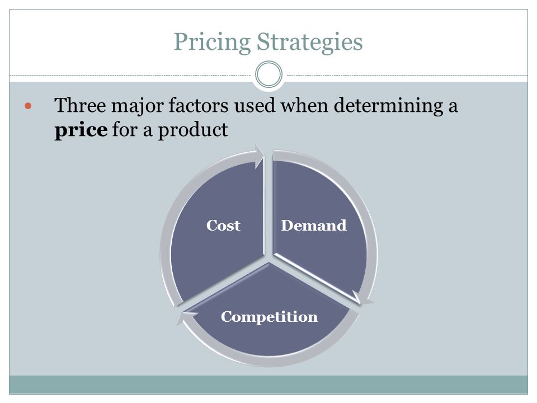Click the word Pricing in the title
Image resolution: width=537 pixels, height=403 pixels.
213,42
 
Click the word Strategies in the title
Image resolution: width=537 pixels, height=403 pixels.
309,42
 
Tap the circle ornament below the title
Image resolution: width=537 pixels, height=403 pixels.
269,74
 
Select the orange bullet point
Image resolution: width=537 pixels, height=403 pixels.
28,106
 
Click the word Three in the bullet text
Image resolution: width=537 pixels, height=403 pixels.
80,105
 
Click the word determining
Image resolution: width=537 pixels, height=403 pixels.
388,106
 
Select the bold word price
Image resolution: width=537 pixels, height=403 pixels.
81,130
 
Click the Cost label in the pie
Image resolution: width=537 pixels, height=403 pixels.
223,226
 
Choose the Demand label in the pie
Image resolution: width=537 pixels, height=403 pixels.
314,226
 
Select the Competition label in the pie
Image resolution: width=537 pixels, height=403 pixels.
269,317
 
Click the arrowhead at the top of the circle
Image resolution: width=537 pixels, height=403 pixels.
260,156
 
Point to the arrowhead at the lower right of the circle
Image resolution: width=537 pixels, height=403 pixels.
362,298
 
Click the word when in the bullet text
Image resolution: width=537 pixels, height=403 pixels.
304,105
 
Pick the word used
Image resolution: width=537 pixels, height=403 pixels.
255,105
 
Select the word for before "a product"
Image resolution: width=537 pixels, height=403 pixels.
125,129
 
